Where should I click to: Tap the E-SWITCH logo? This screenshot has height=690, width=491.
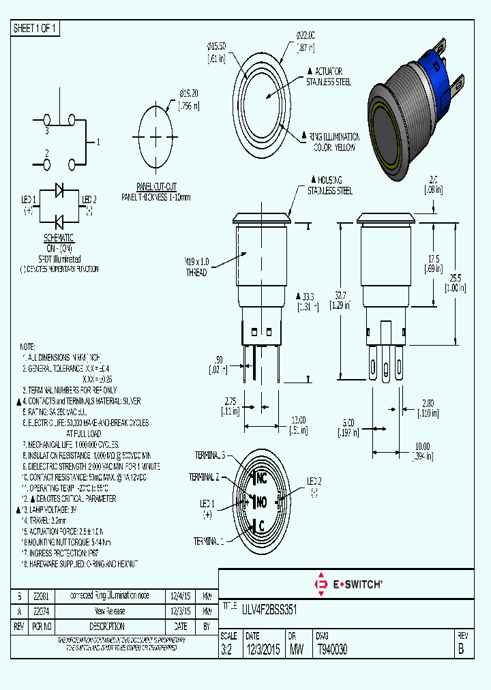click(347, 584)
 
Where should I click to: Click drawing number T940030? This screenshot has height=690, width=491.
click(332, 650)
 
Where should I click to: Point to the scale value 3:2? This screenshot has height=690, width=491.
click(227, 650)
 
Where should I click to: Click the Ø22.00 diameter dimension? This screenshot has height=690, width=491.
click(305, 35)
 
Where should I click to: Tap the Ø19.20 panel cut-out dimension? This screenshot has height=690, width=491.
click(189, 93)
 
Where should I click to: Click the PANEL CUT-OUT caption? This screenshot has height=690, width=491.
click(156, 186)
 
